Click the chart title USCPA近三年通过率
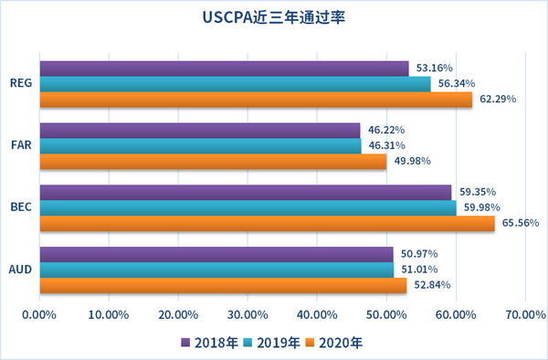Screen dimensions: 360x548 tap(274, 17)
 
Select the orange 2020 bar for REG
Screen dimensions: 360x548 tap(256, 100)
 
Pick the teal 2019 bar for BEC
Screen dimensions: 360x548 tap(247, 207)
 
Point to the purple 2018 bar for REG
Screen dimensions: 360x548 tap(224, 69)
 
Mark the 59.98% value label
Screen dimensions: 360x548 tap(481, 207)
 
